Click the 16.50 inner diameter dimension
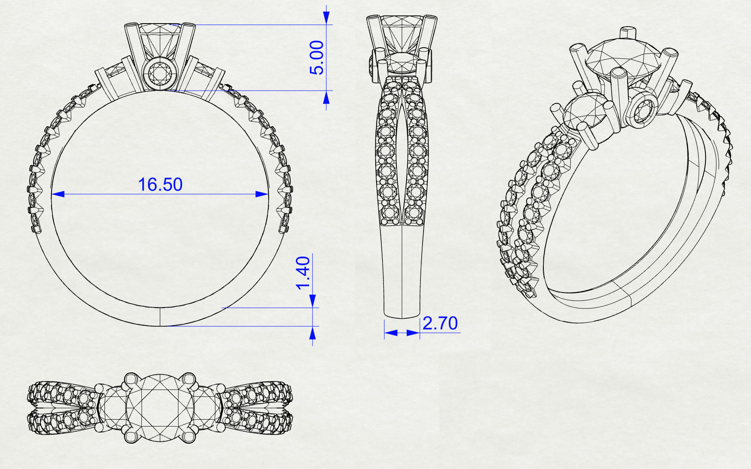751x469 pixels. pyautogui.click(x=160, y=185)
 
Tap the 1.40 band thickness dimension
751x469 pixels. pyautogui.click(x=303, y=273)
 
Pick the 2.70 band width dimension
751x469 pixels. pyautogui.click(x=440, y=323)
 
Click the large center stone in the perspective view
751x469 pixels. pyautogui.click(x=619, y=60)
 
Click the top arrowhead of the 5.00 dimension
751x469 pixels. pyautogui.click(x=326, y=17)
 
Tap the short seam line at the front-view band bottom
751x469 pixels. pyautogui.click(x=160, y=317)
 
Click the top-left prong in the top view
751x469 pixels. pyautogui.click(x=131, y=380)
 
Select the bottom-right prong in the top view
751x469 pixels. pyautogui.click(x=188, y=436)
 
